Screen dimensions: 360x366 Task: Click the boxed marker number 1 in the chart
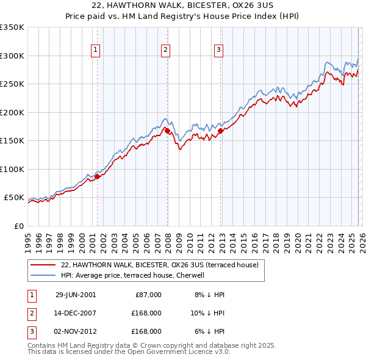96,51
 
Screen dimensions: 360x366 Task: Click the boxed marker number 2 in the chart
166,51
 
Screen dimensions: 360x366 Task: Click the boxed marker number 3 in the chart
218,51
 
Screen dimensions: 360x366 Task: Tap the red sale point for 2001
97,177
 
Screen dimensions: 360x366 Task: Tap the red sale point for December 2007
167,131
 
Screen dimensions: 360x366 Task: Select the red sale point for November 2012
220,131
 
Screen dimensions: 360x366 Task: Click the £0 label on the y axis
18,226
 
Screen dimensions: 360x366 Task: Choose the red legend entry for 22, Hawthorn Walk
160,265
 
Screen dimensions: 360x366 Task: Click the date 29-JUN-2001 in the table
76,295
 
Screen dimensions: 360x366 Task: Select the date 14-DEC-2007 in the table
76,313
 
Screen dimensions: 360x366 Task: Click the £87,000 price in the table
148,295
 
